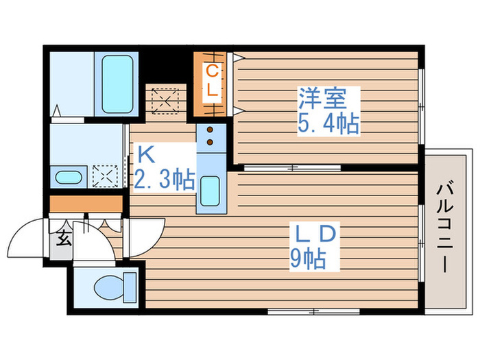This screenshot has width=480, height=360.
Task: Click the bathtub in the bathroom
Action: [x=122, y=84]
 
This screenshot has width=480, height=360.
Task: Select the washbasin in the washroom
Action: [x=69, y=178]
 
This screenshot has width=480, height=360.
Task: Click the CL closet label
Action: [x=213, y=80]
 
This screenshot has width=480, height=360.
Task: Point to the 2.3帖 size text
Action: [x=165, y=180]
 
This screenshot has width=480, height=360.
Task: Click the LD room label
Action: [x=315, y=235]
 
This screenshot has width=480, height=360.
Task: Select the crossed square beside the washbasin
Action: [x=104, y=176]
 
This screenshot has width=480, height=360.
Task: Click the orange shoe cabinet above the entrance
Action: [x=86, y=204]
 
